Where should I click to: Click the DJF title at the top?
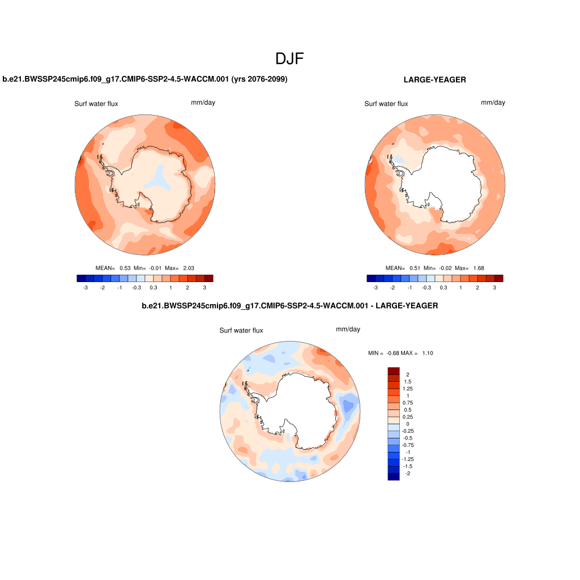pyautogui.click(x=290, y=59)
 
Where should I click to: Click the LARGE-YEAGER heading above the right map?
pyautogui.click(x=434, y=80)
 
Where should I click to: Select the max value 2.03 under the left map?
pyautogui.click(x=189, y=268)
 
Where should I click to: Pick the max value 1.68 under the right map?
pyautogui.click(x=479, y=268)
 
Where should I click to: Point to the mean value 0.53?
pyautogui.click(x=125, y=268)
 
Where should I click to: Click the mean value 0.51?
pyautogui.click(x=415, y=268)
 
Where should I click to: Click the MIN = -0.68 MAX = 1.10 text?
pyautogui.click(x=400, y=353)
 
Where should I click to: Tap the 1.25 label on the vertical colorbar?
pyautogui.click(x=407, y=389)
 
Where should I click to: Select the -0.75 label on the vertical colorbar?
pyautogui.click(x=408, y=445)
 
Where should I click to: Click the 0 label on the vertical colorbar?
pyautogui.click(x=407, y=424)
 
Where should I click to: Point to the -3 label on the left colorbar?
pyautogui.click(x=85, y=288)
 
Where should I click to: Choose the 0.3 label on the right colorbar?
pyautogui.click(x=443, y=288)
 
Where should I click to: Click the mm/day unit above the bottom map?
pyautogui.click(x=348, y=329)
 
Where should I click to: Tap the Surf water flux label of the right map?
pyautogui.click(x=386, y=104)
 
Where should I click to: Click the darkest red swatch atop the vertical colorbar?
pyautogui.click(x=394, y=370)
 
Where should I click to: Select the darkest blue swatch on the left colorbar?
pyautogui.click(x=81, y=278)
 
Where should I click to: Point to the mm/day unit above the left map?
pyautogui.click(x=203, y=103)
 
